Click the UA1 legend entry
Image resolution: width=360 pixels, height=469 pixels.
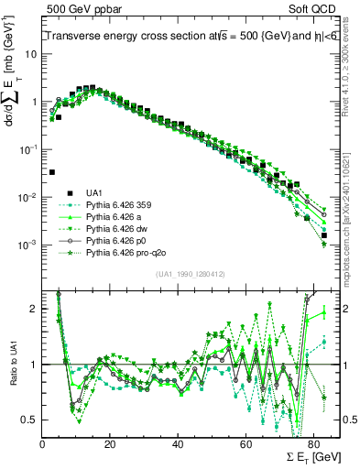pyautogui.click(x=93, y=192)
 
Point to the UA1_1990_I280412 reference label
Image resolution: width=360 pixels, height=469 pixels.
pyautogui.click(x=192, y=274)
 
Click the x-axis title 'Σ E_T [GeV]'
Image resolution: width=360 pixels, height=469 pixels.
pyautogui.click(x=307, y=455)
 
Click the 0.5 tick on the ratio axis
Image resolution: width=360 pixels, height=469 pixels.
pyautogui.click(x=30, y=420)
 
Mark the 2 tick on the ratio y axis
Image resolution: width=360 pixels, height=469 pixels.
pyautogui.click(x=35, y=309)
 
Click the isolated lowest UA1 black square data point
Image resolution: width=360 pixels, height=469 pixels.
pyautogui.click(x=51, y=171)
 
